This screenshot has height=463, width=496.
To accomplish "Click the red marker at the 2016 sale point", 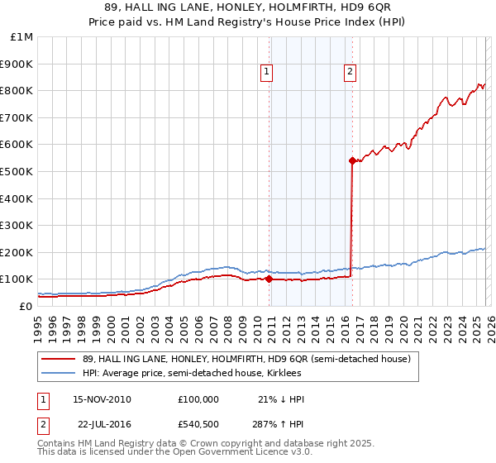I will [x=352, y=160].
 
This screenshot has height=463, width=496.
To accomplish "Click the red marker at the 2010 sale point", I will [x=269, y=279].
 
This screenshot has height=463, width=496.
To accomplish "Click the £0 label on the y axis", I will [x=26, y=307].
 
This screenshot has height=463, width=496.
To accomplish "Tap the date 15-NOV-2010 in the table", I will [x=103, y=399].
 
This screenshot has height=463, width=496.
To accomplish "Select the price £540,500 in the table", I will [x=198, y=424].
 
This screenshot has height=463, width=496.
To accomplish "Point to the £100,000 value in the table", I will [x=198, y=399].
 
